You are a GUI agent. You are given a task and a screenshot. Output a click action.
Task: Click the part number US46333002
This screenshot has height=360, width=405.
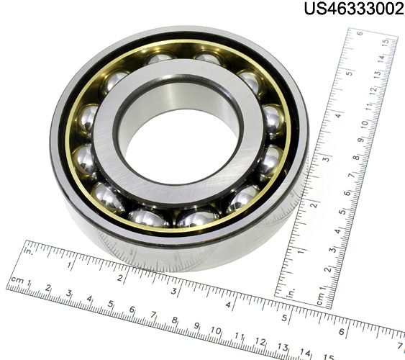(x=354, y=8)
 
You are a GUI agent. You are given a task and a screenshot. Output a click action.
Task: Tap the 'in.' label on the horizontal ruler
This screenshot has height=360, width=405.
(x=28, y=251)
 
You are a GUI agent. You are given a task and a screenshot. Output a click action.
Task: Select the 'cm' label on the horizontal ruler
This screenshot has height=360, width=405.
(x=17, y=280)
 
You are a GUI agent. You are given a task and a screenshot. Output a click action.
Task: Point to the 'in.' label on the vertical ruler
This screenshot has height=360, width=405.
(x=291, y=293)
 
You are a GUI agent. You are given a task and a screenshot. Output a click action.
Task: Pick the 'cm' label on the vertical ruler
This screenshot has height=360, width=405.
(x=321, y=300)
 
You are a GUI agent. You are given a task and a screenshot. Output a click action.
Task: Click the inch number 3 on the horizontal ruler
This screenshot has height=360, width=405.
(x=174, y=292)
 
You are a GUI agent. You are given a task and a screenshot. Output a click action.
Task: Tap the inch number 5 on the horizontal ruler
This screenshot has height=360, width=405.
(x=284, y=318)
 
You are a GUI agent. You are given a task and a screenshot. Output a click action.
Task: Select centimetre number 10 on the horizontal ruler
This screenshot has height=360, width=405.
(x=215, y=330)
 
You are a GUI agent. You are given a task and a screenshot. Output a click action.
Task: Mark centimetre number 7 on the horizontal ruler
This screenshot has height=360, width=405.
(x=153, y=315)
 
